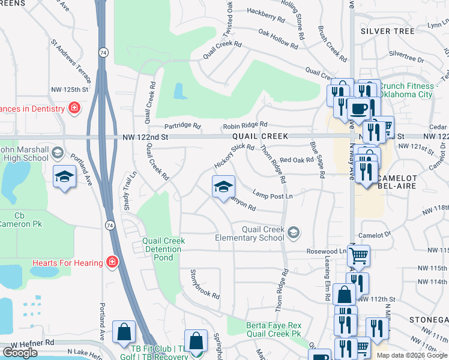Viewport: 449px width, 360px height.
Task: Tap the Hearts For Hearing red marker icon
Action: click(111, 262)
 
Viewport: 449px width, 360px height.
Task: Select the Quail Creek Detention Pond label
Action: click(163, 249)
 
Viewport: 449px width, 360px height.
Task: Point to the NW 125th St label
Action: click(70, 89)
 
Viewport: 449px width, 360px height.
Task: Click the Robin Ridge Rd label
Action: click(244, 125)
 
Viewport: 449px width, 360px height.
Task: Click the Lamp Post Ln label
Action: click(273, 196)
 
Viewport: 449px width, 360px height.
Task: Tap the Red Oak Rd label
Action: click(297, 160)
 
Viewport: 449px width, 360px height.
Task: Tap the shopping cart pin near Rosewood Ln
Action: click(358, 256)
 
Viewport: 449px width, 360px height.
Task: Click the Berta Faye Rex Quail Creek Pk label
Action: click(273, 329)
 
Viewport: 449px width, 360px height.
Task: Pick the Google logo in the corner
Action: click(20, 353)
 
